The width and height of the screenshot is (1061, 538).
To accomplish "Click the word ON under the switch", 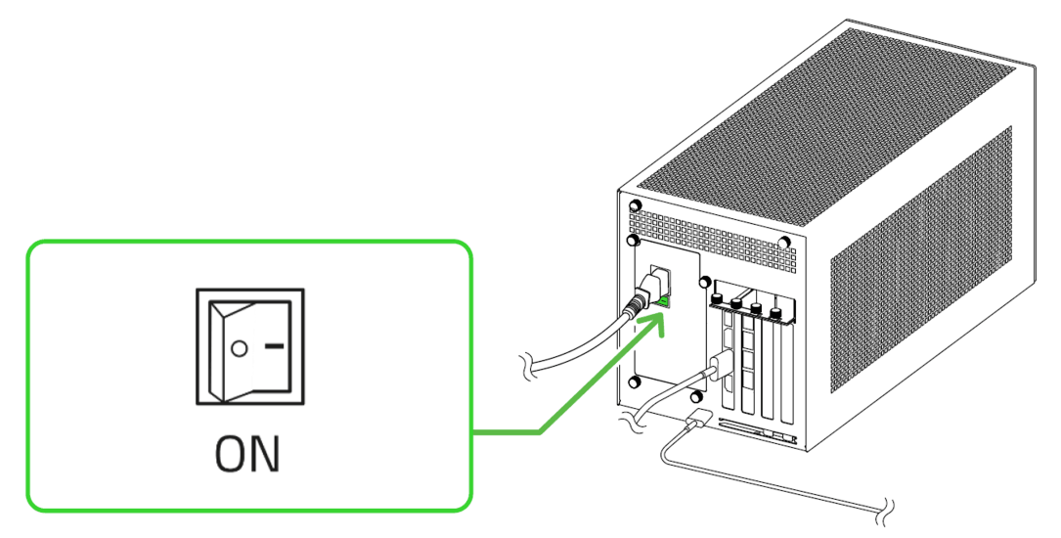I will tap(247, 455).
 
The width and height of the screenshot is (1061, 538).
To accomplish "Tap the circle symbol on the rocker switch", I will tap(239, 347).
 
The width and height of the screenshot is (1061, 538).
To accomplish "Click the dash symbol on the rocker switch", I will tap(276, 345).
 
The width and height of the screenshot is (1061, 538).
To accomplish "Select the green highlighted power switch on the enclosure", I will tap(664, 300).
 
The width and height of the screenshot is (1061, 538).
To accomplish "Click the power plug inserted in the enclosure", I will tap(646, 293).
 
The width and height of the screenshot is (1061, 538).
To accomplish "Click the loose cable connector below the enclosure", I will tap(696, 423).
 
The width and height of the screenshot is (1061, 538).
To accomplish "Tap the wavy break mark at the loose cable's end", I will tap(885, 508).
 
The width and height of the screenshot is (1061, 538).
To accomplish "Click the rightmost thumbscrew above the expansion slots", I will tap(776, 314).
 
